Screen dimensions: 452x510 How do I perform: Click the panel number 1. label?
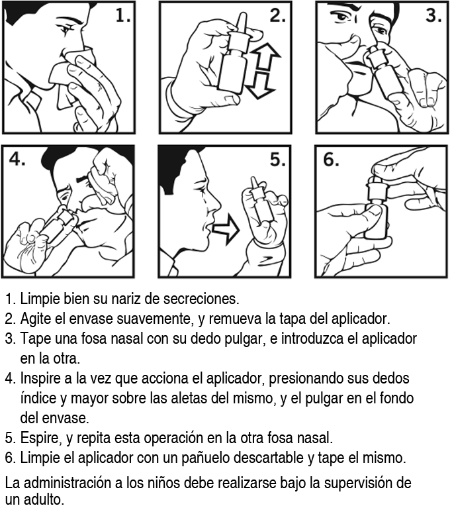[x=123, y=15]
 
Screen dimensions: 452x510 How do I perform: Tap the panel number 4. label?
[x=18, y=159]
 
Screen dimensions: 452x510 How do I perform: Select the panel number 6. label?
[x=331, y=160]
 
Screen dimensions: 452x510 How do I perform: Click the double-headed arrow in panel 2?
[x=263, y=70]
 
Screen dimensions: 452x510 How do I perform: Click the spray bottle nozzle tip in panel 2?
[x=242, y=15]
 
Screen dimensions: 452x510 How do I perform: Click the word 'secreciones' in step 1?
[x=201, y=299]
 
